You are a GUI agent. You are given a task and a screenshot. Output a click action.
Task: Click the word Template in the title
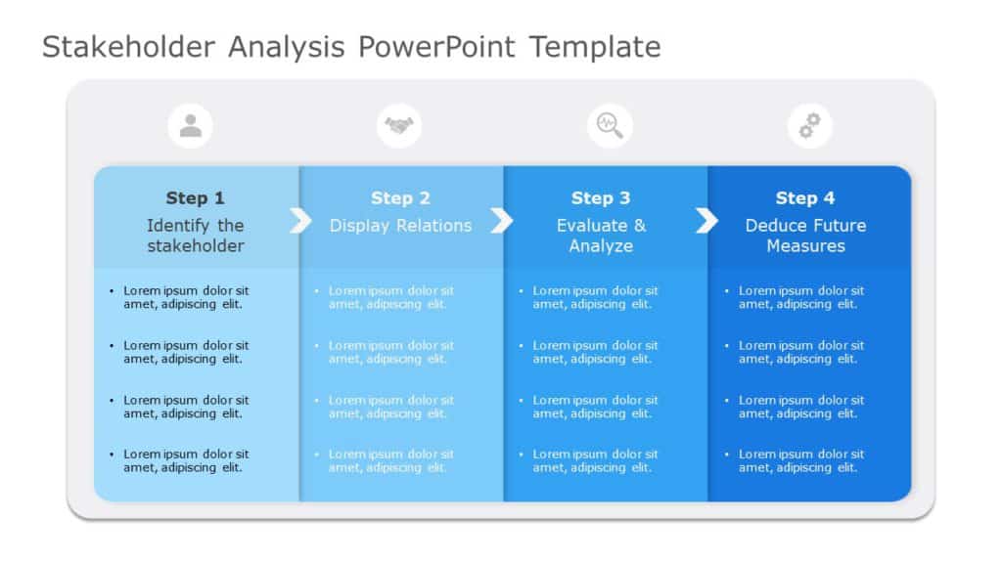(x=595, y=46)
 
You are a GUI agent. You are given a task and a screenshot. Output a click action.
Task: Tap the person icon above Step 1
(x=191, y=125)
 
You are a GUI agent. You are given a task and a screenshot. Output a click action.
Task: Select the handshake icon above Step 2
(x=399, y=125)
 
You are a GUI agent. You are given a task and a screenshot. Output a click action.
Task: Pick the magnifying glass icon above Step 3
(x=610, y=125)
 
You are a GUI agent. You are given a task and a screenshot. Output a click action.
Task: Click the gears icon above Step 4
(x=810, y=125)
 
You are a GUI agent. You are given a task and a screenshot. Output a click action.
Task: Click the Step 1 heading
(x=195, y=198)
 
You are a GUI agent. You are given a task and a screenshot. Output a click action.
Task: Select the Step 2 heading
(x=400, y=198)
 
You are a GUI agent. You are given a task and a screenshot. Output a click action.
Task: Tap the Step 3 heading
(x=601, y=198)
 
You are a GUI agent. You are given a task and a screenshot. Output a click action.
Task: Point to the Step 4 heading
(x=805, y=198)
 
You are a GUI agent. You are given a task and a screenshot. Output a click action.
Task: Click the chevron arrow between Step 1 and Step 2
(x=300, y=221)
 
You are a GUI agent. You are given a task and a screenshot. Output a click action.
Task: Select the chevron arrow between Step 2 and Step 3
(x=501, y=221)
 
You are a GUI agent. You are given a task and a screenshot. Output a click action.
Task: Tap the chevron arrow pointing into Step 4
(x=706, y=221)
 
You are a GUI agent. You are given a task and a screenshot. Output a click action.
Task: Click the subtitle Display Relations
(x=400, y=226)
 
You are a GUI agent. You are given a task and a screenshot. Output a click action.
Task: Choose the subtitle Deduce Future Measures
(x=805, y=236)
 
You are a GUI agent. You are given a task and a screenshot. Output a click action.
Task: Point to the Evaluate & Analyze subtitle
(x=601, y=236)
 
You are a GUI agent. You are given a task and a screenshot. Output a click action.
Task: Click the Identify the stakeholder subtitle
(x=195, y=236)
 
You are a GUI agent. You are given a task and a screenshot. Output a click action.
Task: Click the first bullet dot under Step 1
(x=112, y=291)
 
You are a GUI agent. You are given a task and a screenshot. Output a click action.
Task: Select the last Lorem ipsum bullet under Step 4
(x=800, y=460)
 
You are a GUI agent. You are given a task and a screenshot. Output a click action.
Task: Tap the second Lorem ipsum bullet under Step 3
(x=595, y=352)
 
